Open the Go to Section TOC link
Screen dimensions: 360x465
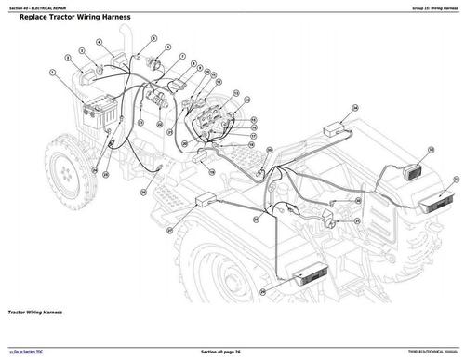click(31, 352)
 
